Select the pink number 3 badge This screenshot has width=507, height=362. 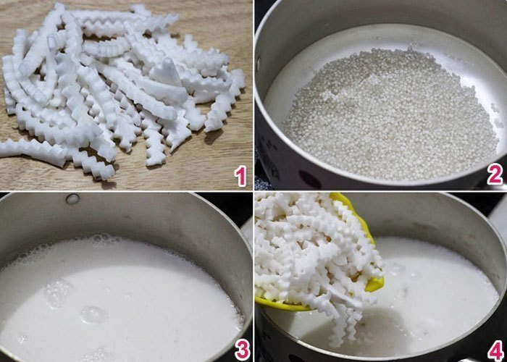click(x=240, y=349)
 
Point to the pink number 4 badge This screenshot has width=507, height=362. click(x=495, y=349)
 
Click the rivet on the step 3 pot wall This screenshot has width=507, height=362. click(x=72, y=198)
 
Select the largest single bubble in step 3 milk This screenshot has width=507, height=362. click(x=93, y=314)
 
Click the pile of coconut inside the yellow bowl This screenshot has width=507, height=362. click(x=311, y=246)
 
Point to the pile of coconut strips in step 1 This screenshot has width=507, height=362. click(x=116, y=94)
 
